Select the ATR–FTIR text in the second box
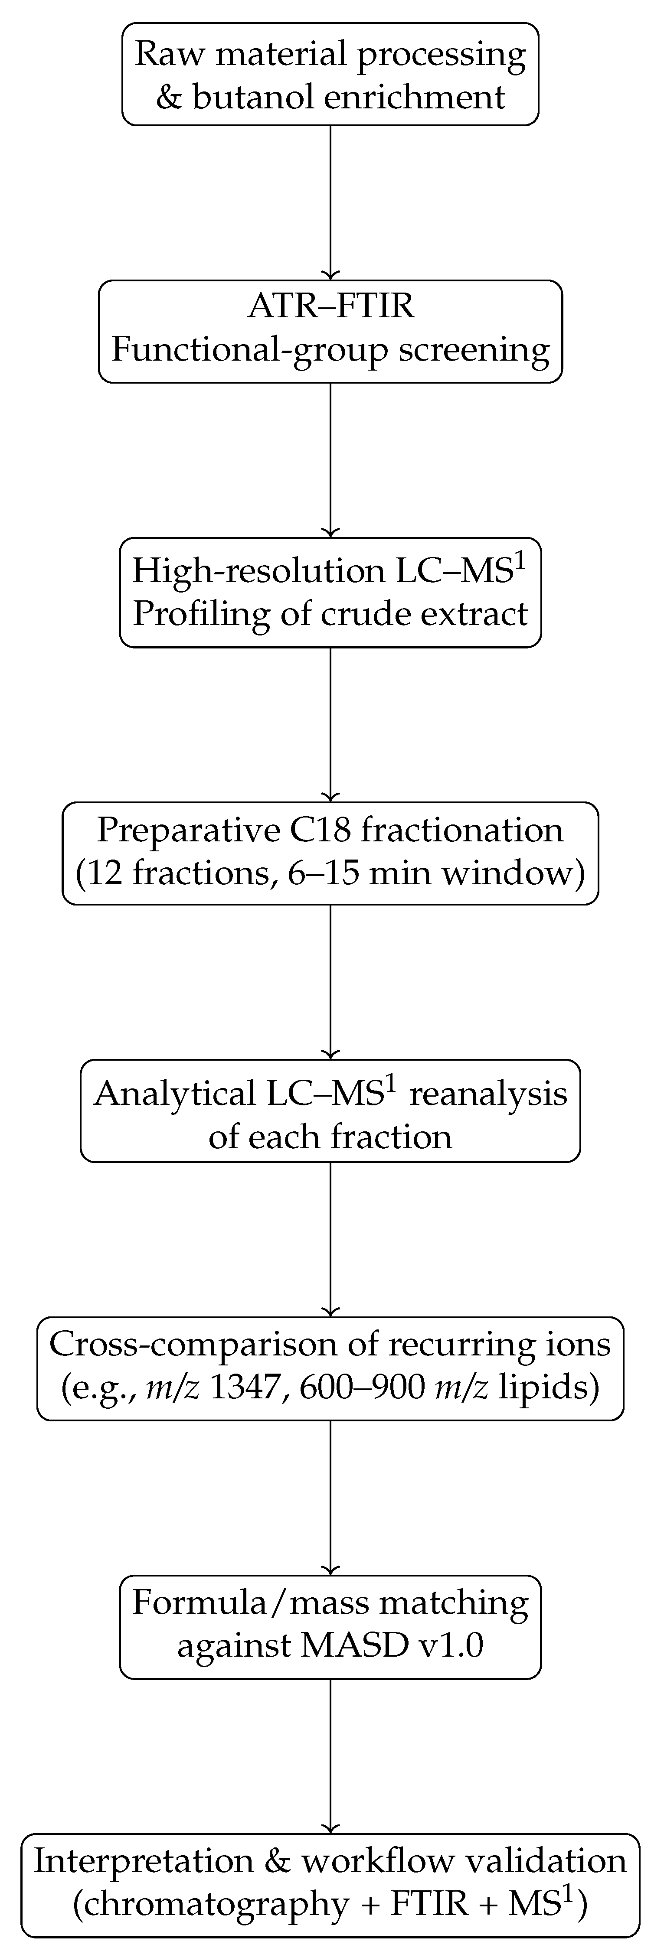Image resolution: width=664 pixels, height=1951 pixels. [x=330, y=307]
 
